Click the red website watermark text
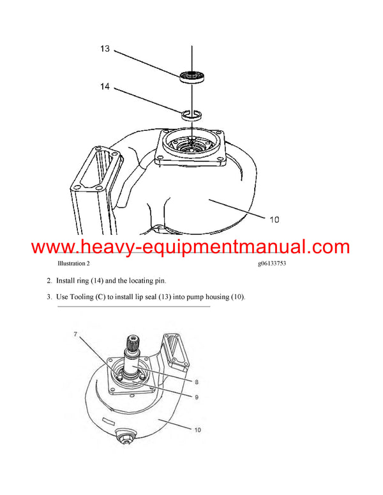point(190,246)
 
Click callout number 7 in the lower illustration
point(75,334)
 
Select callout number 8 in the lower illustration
point(197,381)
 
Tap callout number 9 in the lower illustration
point(197,396)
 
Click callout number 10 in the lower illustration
point(197,430)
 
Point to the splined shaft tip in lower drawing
point(137,342)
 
